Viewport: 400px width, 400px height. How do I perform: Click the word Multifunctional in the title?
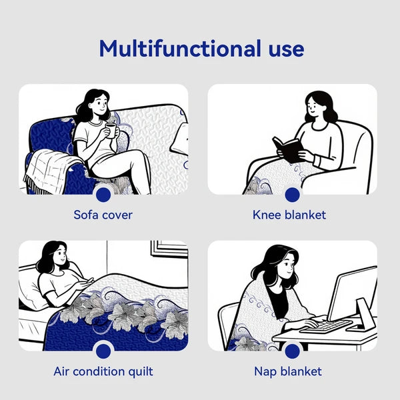tap(180, 49)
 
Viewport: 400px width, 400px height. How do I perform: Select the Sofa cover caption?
tap(103, 215)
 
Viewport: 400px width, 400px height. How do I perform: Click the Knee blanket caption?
tap(289, 215)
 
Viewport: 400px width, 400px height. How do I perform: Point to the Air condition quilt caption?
tap(103, 371)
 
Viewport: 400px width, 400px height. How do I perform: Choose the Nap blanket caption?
tap(288, 371)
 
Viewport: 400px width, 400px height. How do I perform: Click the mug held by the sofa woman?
tap(111, 131)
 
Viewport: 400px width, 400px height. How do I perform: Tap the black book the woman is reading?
tap(288, 149)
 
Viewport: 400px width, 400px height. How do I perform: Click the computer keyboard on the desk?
tap(326, 326)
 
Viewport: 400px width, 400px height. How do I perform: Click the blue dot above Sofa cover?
tap(103, 195)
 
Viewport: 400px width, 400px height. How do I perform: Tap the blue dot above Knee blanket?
tap(293, 195)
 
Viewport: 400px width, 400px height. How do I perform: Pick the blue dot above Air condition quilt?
tap(103, 351)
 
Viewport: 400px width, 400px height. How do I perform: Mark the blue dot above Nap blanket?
tap(293, 351)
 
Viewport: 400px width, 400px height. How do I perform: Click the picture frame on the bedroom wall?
tap(169, 249)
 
